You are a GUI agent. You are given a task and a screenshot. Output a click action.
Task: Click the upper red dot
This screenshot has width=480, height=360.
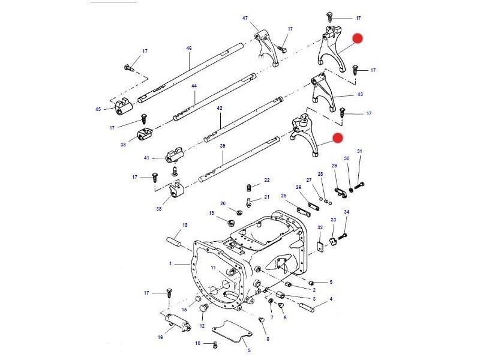click(358, 39)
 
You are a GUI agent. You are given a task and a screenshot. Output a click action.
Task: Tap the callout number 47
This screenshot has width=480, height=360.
click(245, 19)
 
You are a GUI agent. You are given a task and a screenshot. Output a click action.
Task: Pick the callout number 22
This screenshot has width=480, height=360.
click(267, 180)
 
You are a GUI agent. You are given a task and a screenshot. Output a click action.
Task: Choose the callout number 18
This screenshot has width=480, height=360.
click(185, 225)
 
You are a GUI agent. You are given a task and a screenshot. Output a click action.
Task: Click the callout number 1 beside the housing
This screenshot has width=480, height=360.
click(170, 263)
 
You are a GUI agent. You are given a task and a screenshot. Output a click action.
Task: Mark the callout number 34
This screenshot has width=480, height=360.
click(346, 212)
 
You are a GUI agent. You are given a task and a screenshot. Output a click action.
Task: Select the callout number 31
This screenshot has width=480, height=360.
click(359, 151)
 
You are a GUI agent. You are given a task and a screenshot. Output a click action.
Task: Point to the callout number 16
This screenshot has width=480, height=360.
click(160, 337)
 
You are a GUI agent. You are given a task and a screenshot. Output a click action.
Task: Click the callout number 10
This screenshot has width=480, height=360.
click(197, 343)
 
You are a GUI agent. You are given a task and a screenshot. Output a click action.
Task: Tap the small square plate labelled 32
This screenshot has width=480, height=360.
click(322, 245)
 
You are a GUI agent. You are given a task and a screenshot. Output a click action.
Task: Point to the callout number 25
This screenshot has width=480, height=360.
click(284, 195)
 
